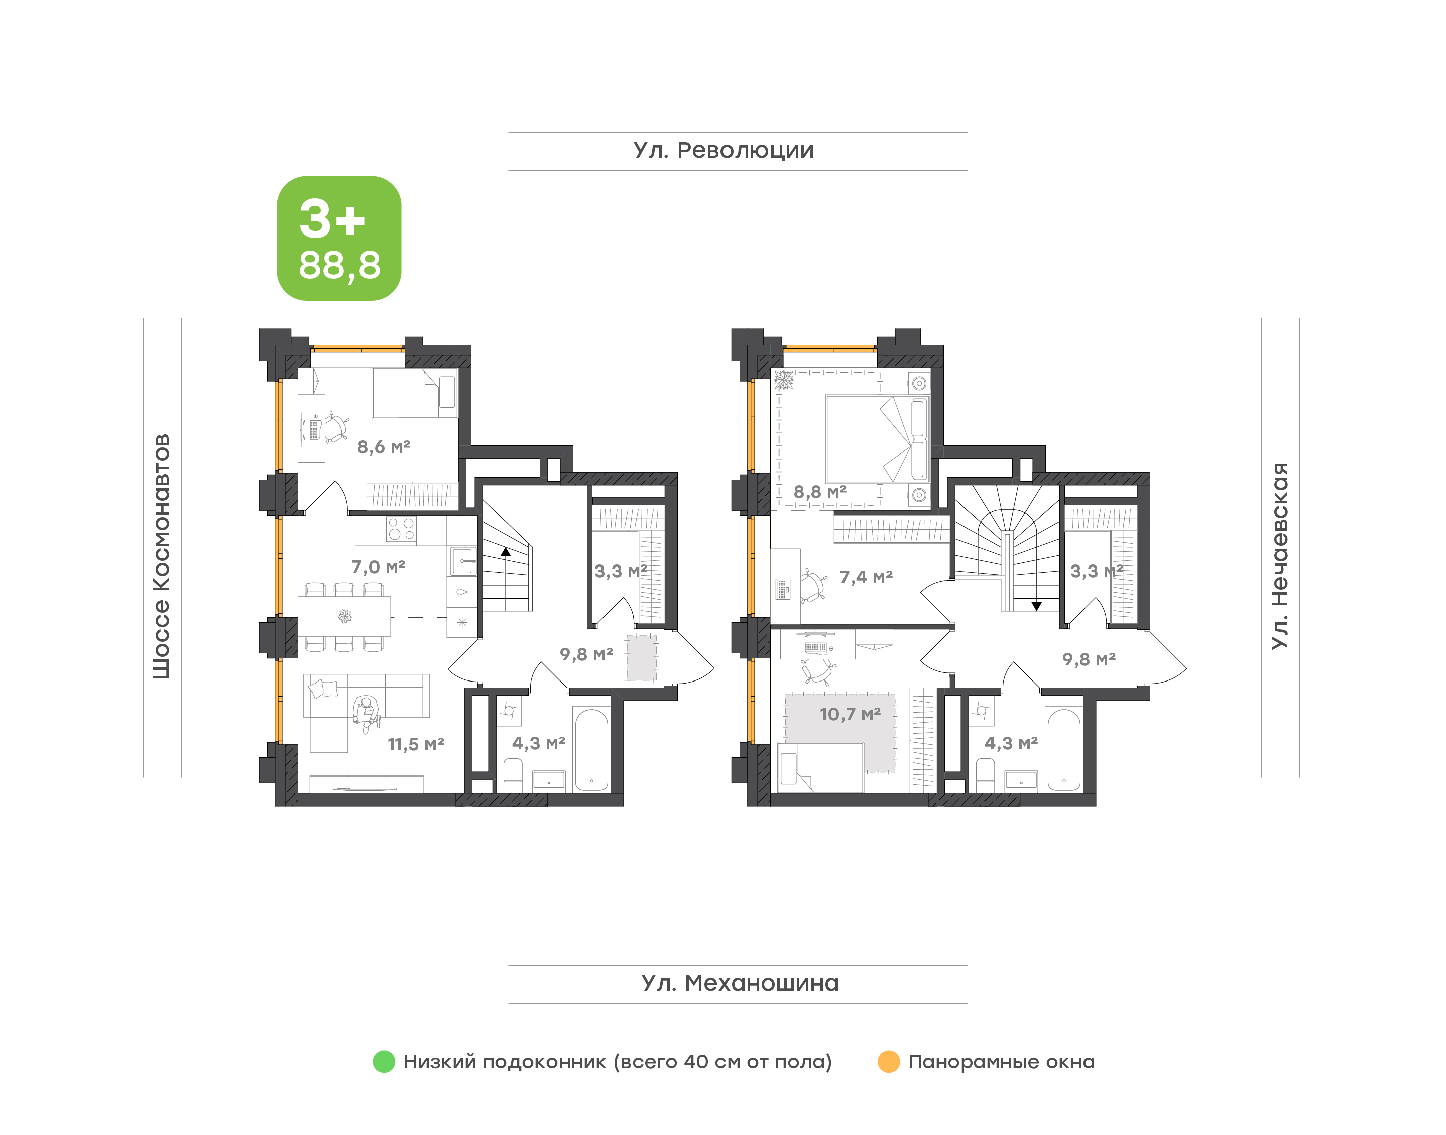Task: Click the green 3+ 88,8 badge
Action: (x=339, y=238)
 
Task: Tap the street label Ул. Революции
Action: (x=724, y=151)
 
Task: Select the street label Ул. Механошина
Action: (x=740, y=983)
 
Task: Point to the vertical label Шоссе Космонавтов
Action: (x=161, y=557)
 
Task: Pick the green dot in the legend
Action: (x=384, y=1061)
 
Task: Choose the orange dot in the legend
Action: (x=888, y=1061)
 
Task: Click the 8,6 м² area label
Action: (x=384, y=447)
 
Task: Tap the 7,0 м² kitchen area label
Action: (x=378, y=567)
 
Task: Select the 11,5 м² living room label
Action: (x=416, y=744)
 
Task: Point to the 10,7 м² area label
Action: (x=850, y=714)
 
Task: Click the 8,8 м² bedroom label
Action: (x=820, y=492)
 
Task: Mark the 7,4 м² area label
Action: (x=866, y=577)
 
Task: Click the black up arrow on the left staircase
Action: (x=506, y=551)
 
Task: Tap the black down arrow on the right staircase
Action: (x=1036, y=606)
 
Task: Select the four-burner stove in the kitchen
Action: (x=401, y=530)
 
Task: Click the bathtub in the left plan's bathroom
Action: (x=591, y=750)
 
